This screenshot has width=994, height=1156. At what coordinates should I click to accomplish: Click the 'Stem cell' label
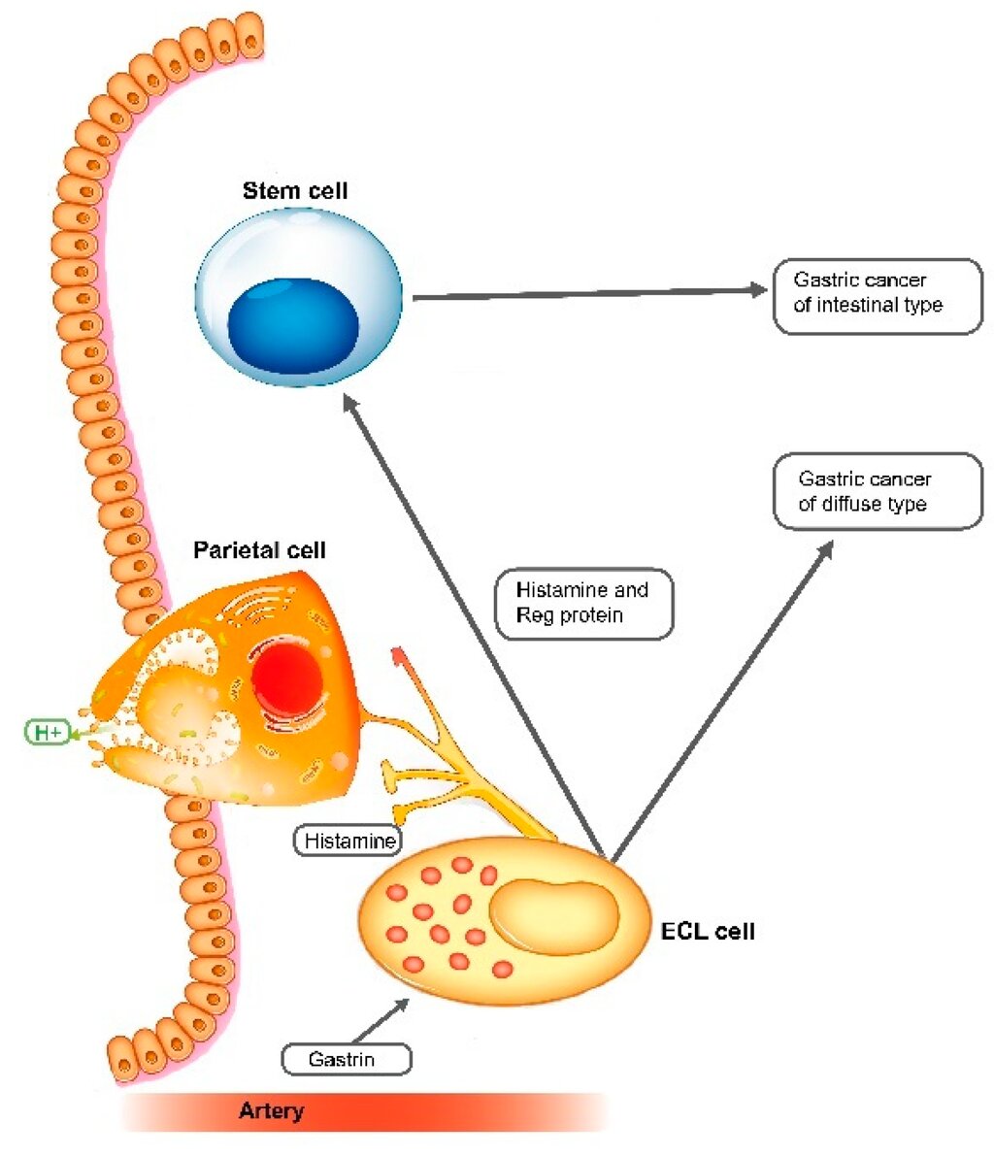coord(295,190)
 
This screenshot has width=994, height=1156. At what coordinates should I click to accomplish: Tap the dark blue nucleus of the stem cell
coord(293,325)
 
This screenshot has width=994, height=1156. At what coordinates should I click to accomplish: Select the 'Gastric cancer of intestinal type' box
coord(878,296)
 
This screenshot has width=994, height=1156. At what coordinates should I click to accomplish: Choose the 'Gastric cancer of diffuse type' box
coord(878,491)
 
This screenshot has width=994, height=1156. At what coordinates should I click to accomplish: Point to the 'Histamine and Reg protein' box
coord(584,603)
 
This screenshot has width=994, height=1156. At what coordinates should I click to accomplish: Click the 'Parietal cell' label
coord(259,550)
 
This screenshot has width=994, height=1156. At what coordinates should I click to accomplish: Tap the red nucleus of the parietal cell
coord(287,679)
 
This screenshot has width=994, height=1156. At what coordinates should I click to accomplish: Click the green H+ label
coord(48,732)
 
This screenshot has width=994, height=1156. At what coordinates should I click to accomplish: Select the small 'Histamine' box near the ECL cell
coord(348,841)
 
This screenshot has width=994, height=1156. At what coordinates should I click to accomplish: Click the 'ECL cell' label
coord(708,931)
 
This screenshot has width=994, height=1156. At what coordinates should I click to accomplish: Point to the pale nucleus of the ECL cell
coord(554,916)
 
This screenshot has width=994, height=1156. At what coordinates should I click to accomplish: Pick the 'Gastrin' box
coord(346,1059)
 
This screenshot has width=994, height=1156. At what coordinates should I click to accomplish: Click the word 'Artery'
coord(272,1111)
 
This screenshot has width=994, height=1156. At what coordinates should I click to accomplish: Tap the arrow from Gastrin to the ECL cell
coord(381,1020)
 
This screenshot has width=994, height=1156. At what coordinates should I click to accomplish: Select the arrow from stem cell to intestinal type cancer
coord(590,293)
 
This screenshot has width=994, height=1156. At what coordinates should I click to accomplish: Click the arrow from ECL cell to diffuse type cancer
coord(722,701)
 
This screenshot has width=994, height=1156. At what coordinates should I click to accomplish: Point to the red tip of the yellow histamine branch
coord(398,654)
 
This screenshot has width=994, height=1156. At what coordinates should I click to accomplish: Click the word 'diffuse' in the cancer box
coord(852,504)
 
